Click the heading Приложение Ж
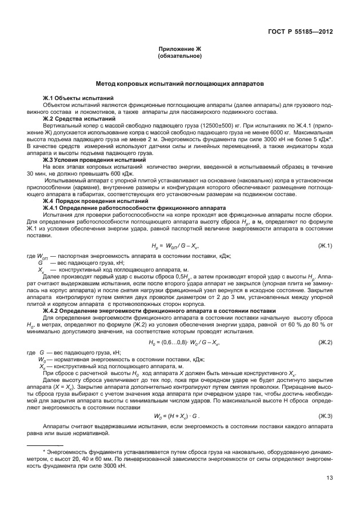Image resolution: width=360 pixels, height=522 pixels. click(179, 50)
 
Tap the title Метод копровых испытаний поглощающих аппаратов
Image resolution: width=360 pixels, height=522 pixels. click(179, 83)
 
